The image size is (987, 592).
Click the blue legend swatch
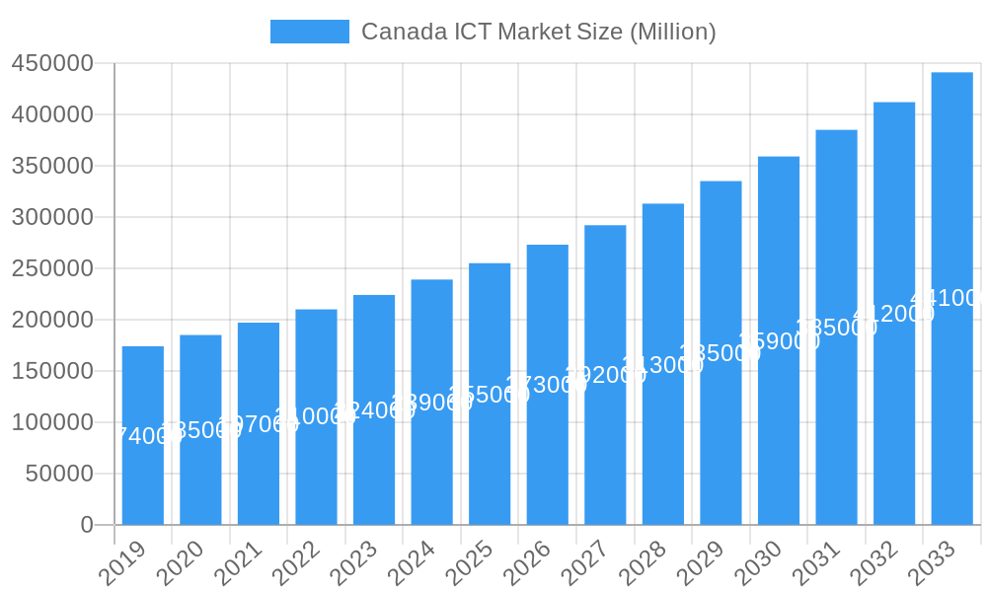pyautogui.click(x=309, y=32)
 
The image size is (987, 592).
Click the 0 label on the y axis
pyautogui.click(x=87, y=525)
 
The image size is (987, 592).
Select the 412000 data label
pyautogui.click(x=893, y=314)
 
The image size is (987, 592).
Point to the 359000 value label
pyautogui.click(x=779, y=340)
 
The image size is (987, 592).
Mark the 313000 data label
pyautogui.click(x=662, y=364)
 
